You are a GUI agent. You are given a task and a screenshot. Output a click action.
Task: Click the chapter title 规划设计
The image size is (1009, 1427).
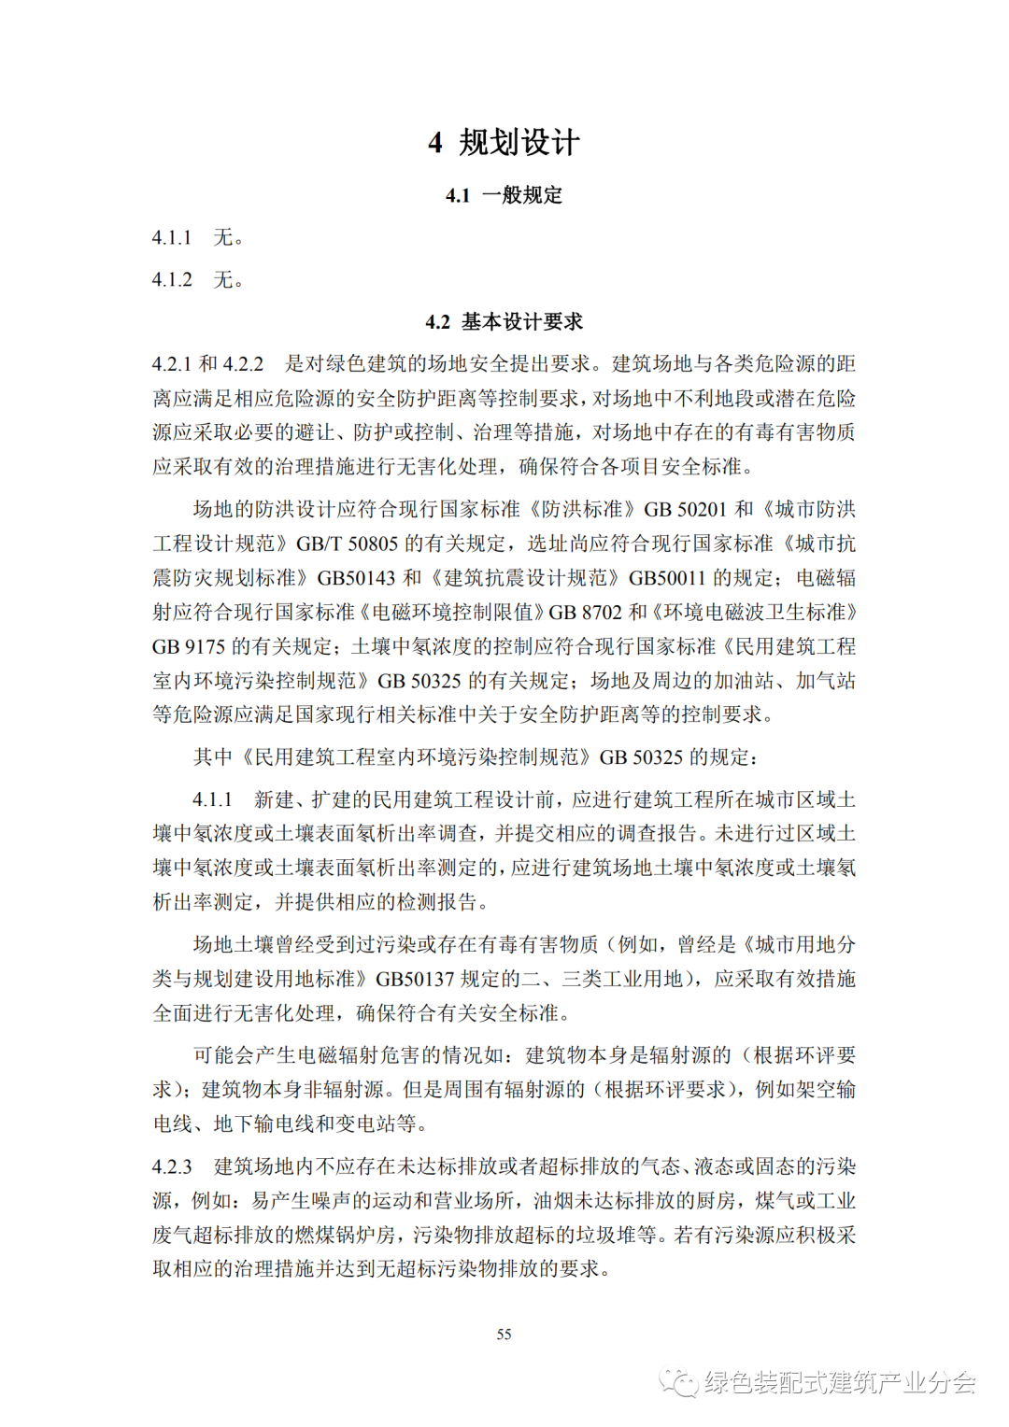[x=519, y=143]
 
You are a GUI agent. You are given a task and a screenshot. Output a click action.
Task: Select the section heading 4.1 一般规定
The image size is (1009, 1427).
[x=504, y=195]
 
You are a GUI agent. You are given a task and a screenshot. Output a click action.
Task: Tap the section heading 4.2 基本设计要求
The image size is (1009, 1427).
[x=504, y=322]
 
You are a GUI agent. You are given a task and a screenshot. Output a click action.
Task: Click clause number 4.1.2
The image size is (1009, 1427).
[x=172, y=280]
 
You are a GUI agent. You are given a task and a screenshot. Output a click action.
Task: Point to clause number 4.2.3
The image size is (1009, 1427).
[x=172, y=1166]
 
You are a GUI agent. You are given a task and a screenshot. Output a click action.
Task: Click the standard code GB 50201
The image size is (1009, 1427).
[x=685, y=510]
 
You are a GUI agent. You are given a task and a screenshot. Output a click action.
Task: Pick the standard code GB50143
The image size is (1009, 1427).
[x=356, y=578]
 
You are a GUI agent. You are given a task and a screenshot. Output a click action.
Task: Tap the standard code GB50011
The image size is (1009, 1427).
[x=667, y=578]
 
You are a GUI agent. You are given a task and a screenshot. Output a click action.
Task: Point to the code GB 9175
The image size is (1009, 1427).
[x=189, y=646]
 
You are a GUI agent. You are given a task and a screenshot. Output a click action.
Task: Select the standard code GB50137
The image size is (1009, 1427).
[x=415, y=979]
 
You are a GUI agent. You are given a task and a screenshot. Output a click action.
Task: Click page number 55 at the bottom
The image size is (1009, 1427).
[x=504, y=1335]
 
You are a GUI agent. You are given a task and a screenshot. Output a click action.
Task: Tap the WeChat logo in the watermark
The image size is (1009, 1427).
[x=679, y=1382]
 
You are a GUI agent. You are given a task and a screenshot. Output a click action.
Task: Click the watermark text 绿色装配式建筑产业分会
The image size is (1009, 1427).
[x=840, y=1382]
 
